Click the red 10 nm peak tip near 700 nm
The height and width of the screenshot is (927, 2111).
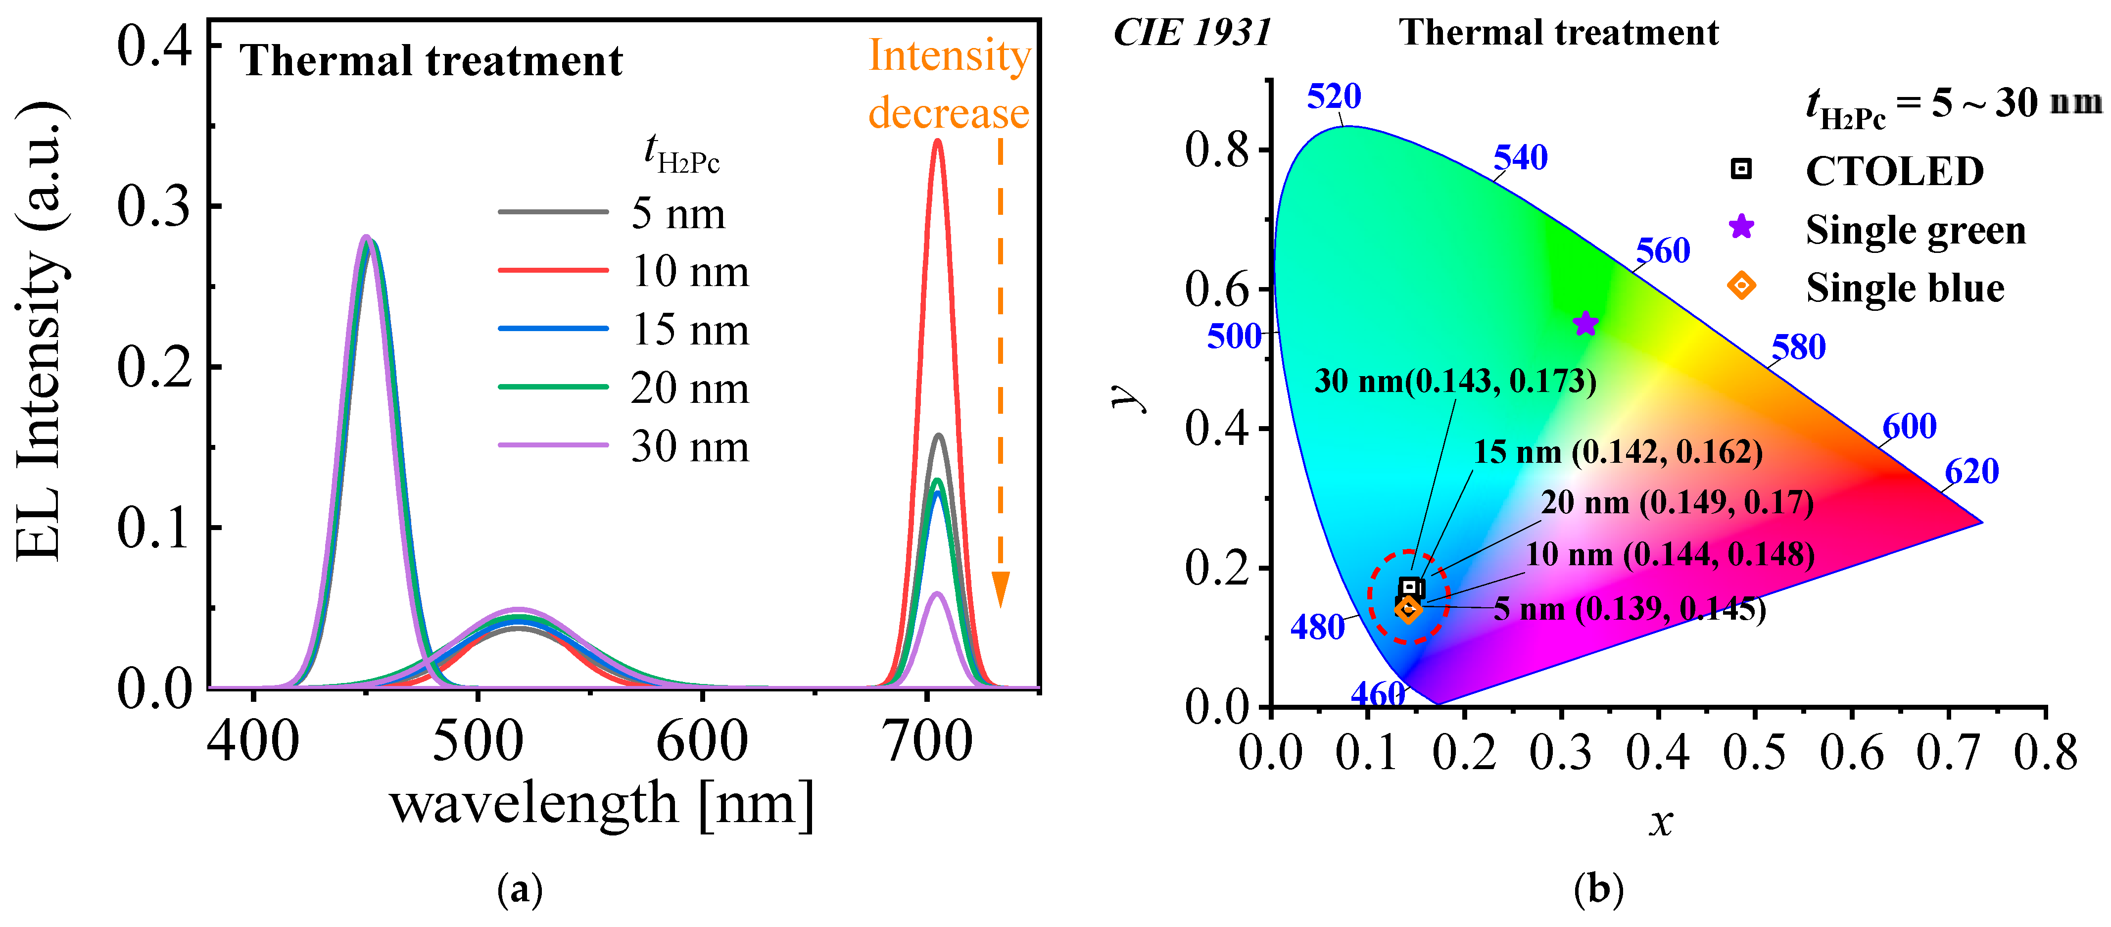click(x=938, y=141)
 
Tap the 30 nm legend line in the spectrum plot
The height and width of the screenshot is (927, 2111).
click(x=553, y=445)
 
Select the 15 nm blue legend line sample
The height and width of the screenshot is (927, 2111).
click(x=553, y=329)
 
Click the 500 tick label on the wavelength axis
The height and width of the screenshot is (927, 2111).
click(x=478, y=741)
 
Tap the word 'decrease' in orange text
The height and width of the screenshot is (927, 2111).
click(x=949, y=113)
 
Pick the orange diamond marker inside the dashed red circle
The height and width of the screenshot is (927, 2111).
click(x=1408, y=609)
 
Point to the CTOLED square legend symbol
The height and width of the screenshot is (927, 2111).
click(x=1740, y=169)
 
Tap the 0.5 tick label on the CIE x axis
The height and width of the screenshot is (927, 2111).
click(x=1755, y=752)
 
